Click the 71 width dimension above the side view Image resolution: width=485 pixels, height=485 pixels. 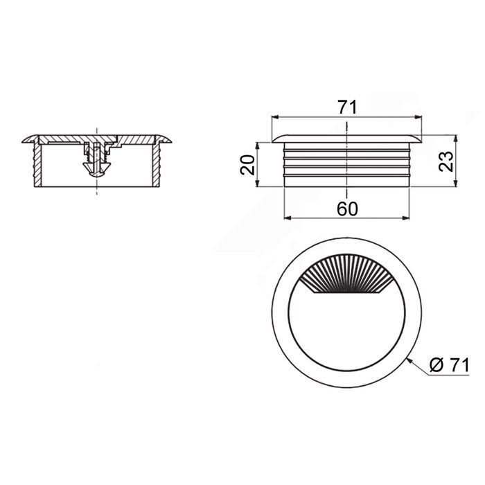[347, 107]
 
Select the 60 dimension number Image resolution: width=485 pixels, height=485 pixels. [347, 209]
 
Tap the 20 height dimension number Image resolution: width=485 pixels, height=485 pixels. [247, 165]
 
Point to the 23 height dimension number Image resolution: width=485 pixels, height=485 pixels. [446, 161]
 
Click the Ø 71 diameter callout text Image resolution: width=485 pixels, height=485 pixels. [450, 365]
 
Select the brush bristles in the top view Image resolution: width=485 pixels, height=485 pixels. [346, 274]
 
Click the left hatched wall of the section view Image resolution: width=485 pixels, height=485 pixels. [37, 164]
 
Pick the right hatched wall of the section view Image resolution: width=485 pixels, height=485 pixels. [157, 164]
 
